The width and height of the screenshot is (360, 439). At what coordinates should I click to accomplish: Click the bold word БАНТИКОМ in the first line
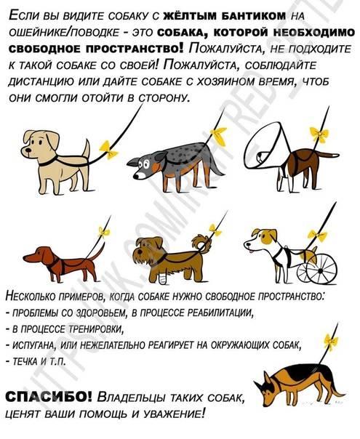[x=254, y=16]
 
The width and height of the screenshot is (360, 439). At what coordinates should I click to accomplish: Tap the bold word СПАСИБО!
[x=49, y=396]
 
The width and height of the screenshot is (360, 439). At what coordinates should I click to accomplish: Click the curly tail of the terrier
[x=203, y=243]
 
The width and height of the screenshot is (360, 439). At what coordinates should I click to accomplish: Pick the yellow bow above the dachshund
[x=104, y=232]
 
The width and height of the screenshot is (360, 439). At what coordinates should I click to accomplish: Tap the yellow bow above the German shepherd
[x=331, y=342]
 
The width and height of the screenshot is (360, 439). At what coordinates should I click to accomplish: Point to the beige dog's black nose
[x=28, y=150]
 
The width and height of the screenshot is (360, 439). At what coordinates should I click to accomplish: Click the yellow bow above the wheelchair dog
[x=317, y=235]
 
